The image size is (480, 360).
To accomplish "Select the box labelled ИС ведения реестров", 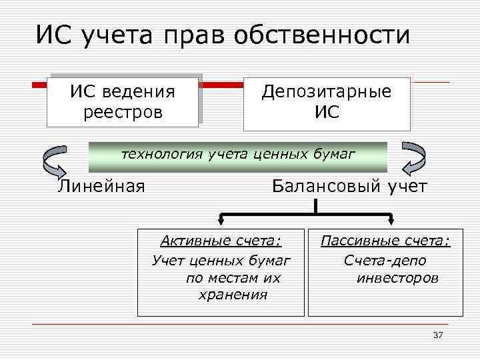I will click(123, 101).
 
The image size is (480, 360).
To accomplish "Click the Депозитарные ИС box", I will click(327, 103).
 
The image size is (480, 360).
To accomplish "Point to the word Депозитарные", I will click(327, 92).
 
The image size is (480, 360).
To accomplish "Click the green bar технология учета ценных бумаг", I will click(238, 156).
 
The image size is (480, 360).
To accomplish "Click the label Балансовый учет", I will click(349, 187).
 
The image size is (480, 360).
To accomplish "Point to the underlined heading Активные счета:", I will click(221, 241).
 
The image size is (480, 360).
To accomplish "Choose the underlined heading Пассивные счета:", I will click(385, 241).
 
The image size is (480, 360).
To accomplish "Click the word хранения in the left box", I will click(233, 295).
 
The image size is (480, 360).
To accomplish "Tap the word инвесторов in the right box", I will click(398, 277).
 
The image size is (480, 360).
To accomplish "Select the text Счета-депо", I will click(385, 260).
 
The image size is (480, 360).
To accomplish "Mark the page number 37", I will click(438, 335).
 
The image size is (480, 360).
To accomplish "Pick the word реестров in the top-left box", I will click(123, 111).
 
